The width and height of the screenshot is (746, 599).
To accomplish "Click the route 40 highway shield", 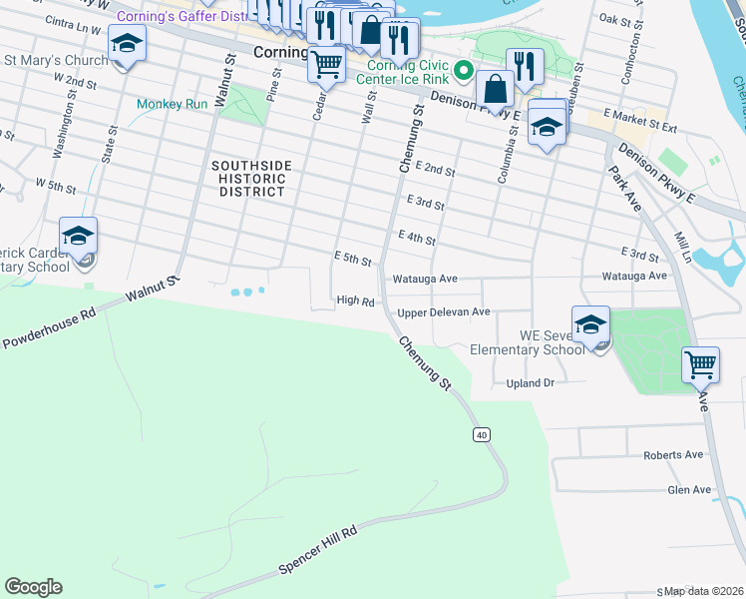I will tap(482, 434).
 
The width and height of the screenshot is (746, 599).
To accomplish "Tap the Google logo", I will tap(33, 587).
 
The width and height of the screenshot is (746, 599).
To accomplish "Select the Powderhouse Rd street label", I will tap(47, 326).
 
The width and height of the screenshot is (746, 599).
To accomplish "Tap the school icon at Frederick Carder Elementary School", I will tap(78, 236).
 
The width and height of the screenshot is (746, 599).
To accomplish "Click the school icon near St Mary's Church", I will tap(127, 44).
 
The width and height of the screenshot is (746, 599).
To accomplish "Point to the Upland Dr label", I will tap(530, 382).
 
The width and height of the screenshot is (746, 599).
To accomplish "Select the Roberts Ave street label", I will tap(673, 454).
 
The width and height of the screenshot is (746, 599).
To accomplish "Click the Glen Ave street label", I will tap(689, 489).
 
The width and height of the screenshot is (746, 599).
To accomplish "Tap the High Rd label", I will tap(355, 299).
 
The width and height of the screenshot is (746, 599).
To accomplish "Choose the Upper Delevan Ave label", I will tap(444, 312).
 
